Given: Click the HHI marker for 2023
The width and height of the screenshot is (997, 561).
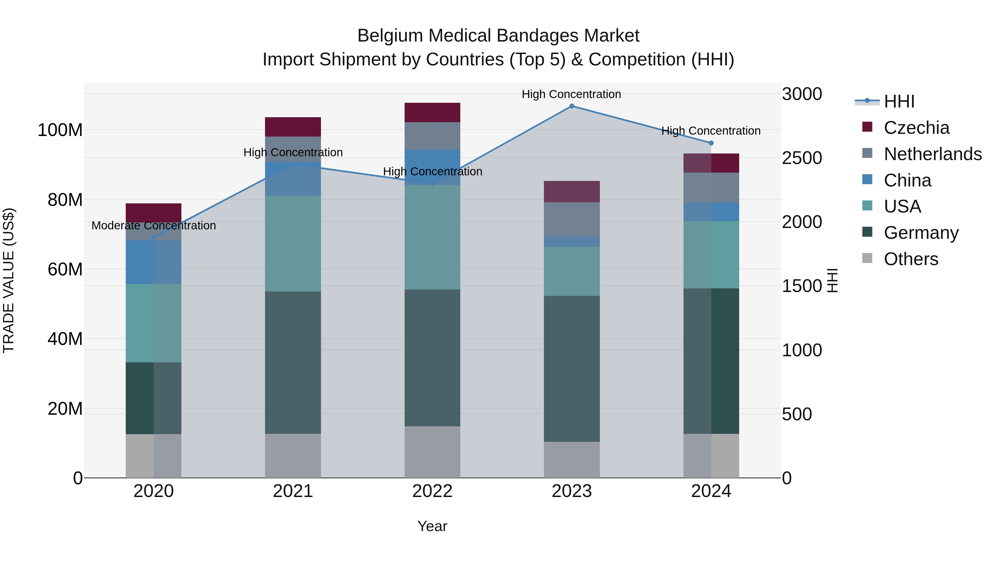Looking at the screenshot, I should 572,106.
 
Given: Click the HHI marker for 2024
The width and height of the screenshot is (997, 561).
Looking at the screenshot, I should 711,143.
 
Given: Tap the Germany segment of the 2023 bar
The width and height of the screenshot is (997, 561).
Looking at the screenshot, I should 572,368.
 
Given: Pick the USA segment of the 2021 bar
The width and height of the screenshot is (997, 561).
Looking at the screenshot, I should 293,244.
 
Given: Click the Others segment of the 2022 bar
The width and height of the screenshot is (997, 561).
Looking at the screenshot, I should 432,452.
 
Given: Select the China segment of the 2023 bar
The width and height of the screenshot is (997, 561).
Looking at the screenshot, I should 572,242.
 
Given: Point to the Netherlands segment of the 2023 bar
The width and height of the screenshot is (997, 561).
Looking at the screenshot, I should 572,219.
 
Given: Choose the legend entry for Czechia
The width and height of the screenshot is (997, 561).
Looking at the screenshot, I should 916,128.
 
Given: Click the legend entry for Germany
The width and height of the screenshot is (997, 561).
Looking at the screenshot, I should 921,233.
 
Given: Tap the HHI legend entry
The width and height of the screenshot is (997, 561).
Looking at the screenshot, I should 899,101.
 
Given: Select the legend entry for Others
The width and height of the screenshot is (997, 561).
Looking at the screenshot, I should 911,259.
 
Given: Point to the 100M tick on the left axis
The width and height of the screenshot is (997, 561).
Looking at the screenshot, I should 60,130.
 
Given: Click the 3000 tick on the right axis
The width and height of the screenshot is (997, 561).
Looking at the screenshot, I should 801,94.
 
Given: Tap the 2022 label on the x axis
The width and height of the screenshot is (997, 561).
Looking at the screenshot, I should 432,491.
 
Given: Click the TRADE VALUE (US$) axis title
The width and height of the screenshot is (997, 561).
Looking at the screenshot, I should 9,280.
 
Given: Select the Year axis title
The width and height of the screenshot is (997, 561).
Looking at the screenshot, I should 432,526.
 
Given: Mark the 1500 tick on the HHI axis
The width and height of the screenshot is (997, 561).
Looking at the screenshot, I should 801,286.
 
